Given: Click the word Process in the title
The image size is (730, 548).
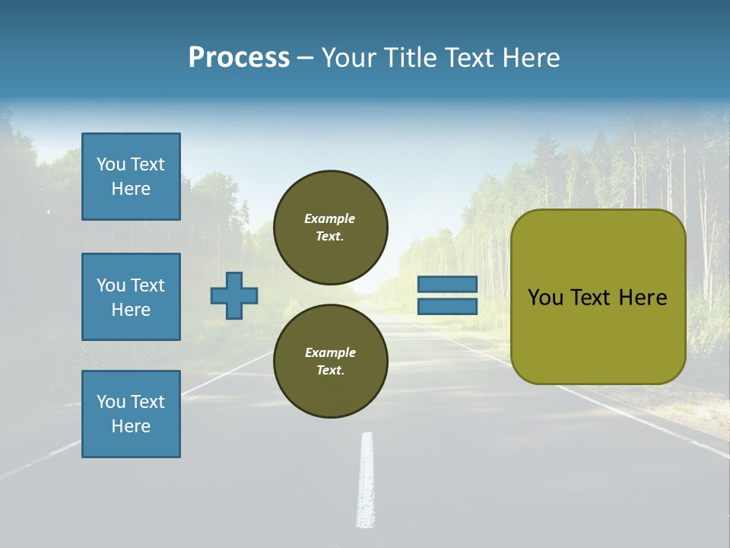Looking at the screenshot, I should coord(239,57).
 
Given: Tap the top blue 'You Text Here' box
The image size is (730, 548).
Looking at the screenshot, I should coord(131,177).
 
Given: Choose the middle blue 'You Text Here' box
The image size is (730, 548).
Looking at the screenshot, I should coord(131,297).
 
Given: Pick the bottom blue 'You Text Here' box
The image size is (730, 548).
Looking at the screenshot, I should coord(131,414).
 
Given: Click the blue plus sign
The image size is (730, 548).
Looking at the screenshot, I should coord(234,295).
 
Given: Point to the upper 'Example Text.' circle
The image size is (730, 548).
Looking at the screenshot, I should coord(330,227).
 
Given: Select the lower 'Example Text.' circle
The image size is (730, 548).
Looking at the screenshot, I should coord(330,361).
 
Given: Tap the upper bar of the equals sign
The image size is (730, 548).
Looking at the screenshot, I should coord(448,285).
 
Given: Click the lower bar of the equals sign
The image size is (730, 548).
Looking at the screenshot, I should coord(448,306).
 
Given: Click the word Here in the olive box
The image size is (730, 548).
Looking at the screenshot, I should coord(643,298).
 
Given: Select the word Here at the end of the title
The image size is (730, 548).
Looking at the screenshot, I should coord(532,57).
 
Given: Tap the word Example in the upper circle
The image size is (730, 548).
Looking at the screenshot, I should coord(330,218).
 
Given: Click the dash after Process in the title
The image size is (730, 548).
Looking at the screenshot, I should coord(305,59).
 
